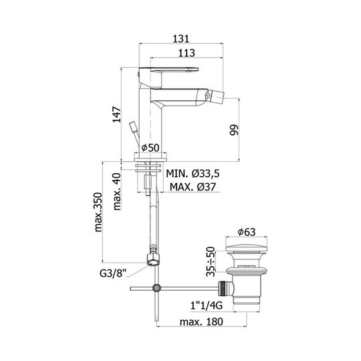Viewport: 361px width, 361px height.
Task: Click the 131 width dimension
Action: pyautogui.click(x=181, y=39)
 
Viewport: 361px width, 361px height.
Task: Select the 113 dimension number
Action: pyautogui.click(x=187, y=53)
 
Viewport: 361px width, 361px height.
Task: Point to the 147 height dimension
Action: pyautogui.click(x=116, y=114)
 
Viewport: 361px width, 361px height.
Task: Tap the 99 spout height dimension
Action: pyautogui.click(x=234, y=130)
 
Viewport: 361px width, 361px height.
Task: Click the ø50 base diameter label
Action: pyautogui.click(x=150, y=148)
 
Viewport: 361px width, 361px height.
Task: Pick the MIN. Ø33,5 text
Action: pyautogui.click(x=193, y=173)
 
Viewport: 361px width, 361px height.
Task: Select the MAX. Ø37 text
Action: pyautogui.click(x=193, y=187)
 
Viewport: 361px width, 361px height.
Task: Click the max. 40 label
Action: pyautogui.click(x=117, y=192)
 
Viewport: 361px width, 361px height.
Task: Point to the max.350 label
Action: pyautogui.click(x=98, y=212)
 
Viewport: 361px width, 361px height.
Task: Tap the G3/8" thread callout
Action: pyautogui.click(x=113, y=273)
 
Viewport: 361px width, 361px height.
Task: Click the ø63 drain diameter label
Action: pyautogui.click(x=246, y=232)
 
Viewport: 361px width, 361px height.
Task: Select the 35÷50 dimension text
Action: pyautogui.click(x=211, y=261)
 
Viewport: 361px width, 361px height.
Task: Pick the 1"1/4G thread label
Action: pyautogui.click(x=207, y=306)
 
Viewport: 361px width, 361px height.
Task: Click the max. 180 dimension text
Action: pyautogui.click(x=201, y=322)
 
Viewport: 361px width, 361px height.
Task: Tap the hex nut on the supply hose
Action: pyautogui.click(x=153, y=259)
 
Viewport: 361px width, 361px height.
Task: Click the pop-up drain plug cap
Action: pyautogui.click(x=246, y=248)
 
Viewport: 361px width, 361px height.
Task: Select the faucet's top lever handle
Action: pyautogui.click(x=168, y=70)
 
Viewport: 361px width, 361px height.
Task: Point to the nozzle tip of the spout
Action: pyautogui.click(x=219, y=95)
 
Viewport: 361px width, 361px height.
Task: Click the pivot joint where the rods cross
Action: pyautogui.click(x=156, y=288)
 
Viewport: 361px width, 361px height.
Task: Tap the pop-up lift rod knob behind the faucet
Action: pyautogui.click(x=134, y=126)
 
